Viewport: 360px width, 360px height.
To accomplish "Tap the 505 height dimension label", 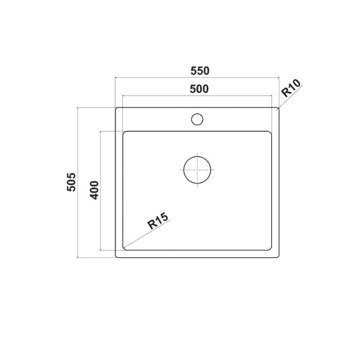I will point(71,182).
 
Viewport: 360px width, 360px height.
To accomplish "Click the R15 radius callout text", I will point(157,222).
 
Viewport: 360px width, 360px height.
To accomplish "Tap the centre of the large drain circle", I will point(197,169).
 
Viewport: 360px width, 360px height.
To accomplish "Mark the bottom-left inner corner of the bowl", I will point(123,249).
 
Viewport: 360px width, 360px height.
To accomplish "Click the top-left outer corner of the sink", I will point(116,109).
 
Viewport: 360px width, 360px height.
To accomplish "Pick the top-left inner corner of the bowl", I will point(123,132).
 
